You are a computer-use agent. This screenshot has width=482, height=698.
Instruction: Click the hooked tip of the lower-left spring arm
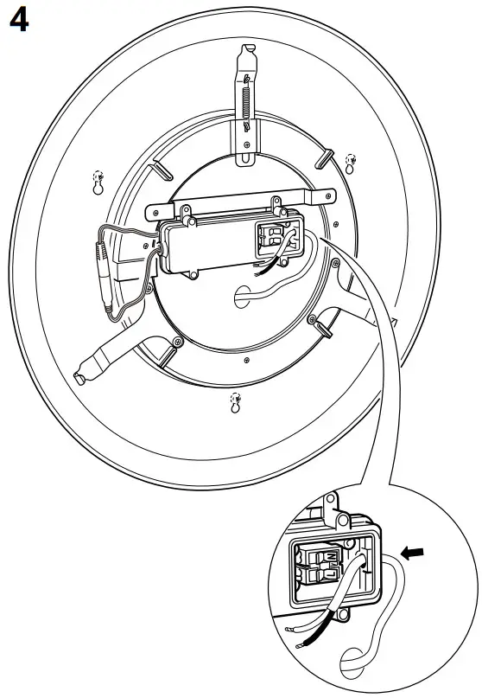tap(81, 378)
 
